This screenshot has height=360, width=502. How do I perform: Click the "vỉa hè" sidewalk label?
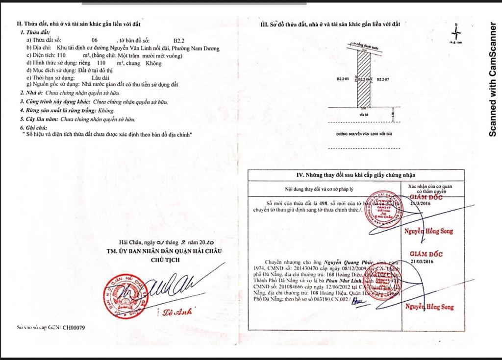[x=363, y=113]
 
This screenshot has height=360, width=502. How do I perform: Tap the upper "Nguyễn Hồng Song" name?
[x=428, y=231]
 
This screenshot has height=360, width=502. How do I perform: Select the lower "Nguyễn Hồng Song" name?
[x=429, y=307]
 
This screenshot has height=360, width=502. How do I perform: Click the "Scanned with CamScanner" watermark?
[x=494, y=78]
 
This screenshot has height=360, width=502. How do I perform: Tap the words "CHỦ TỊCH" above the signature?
[x=164, y=260]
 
